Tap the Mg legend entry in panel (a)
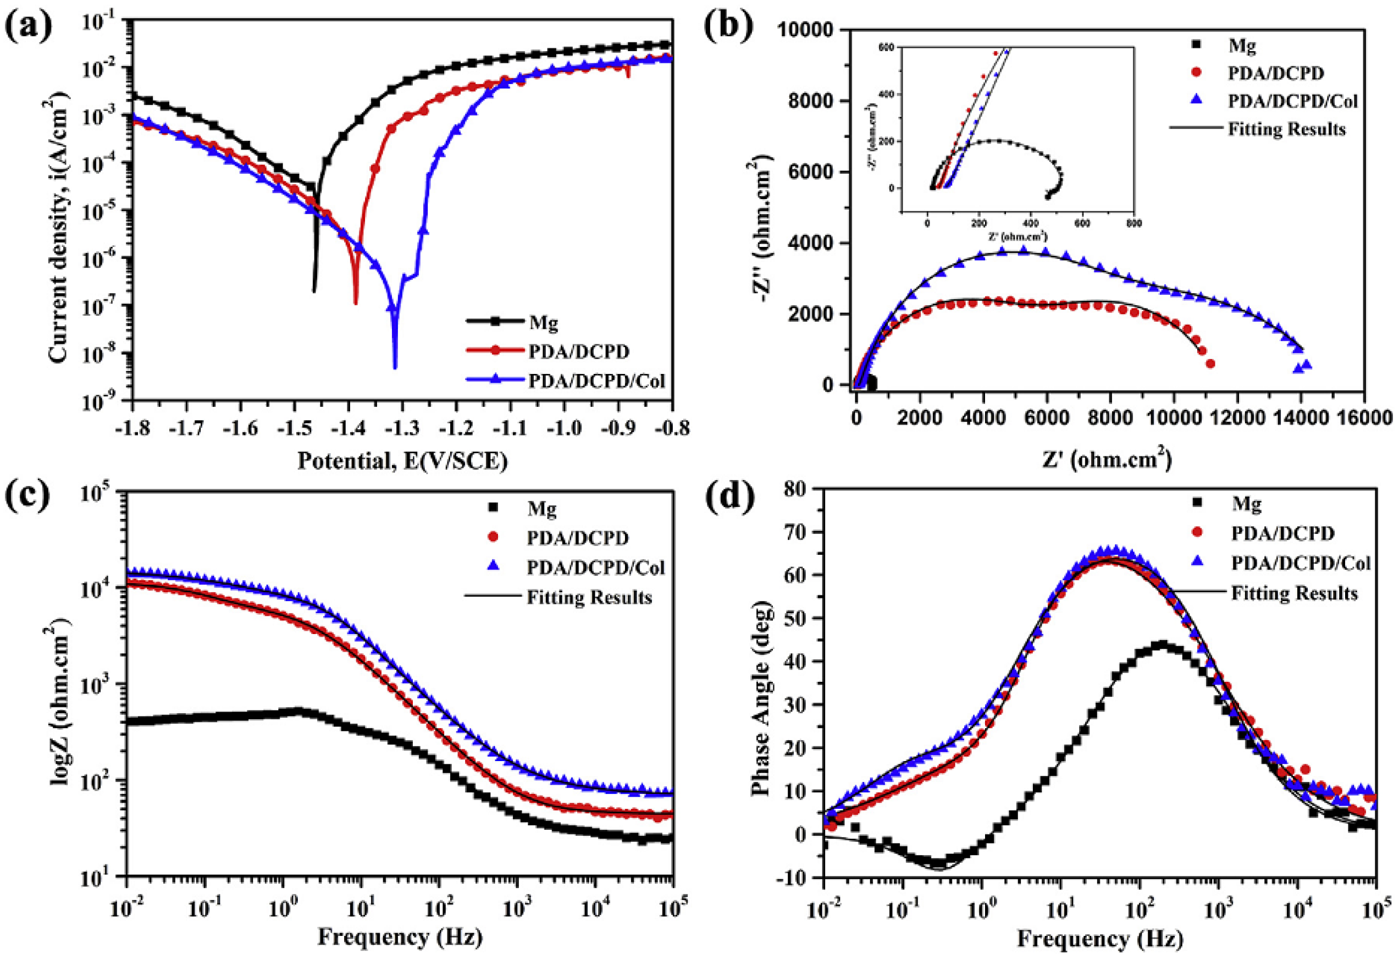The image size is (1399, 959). coord(543,323)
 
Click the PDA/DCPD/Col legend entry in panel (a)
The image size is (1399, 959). coord(596,381)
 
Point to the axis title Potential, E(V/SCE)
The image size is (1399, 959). coord(403,461)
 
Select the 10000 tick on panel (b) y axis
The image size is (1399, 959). coord(806,30)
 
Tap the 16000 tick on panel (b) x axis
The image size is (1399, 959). coord(1363,417)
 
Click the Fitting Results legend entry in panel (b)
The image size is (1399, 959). coord(1286,129)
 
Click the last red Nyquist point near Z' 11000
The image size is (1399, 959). coord(1210,363)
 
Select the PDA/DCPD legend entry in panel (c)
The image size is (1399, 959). coord(577,538)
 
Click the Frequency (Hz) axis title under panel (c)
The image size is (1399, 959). coord(400,938)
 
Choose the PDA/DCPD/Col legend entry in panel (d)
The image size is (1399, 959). coord(1300,563)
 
